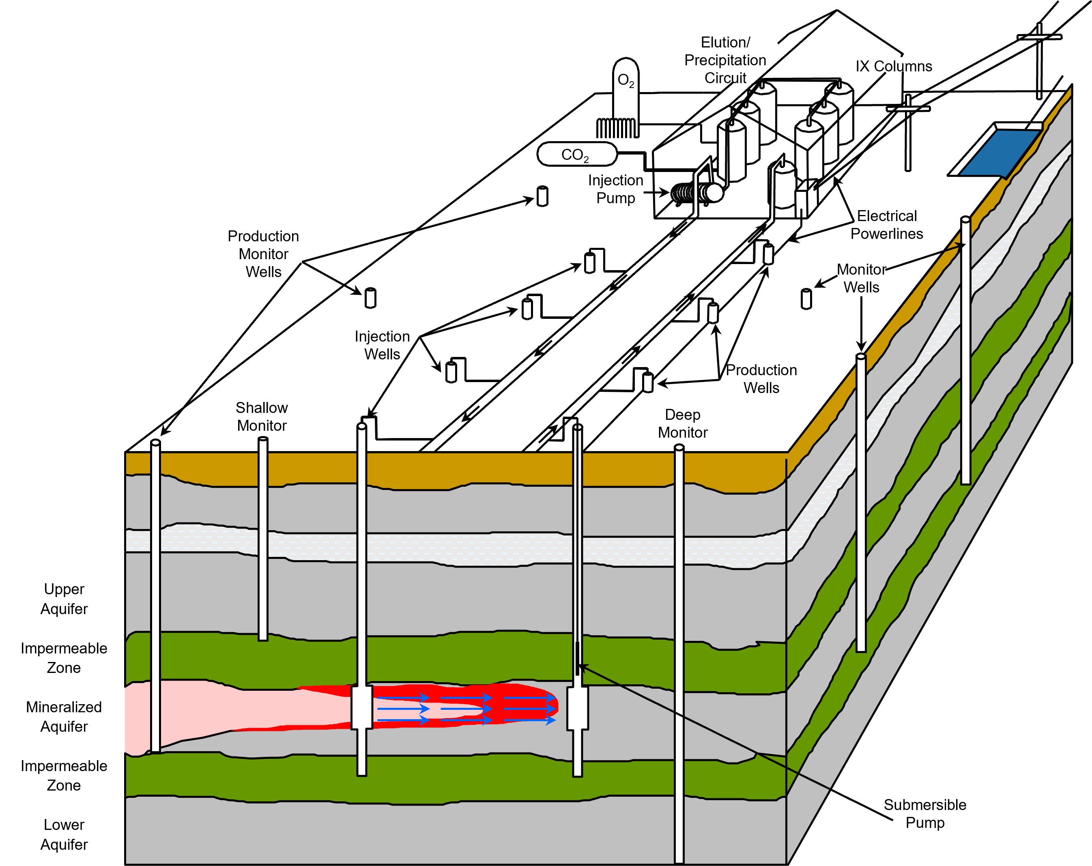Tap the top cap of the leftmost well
coord(155,443)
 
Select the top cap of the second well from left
coord(263,439)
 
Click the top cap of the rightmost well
coord(966,220)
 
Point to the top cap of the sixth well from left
coord(861,357)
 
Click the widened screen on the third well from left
coord(362,707)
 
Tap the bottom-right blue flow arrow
coord(530,720)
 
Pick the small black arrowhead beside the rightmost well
coord(960,246)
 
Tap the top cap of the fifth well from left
coord(679,448)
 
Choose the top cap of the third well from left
coord(362,426)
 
